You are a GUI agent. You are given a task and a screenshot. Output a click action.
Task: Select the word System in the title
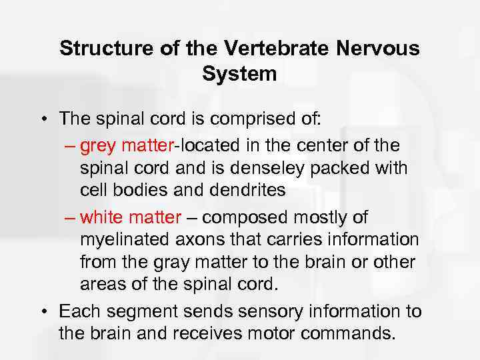239,74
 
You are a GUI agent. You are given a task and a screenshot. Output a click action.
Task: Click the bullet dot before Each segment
50,311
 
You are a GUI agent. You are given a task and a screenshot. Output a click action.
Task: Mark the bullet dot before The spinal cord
50,119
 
